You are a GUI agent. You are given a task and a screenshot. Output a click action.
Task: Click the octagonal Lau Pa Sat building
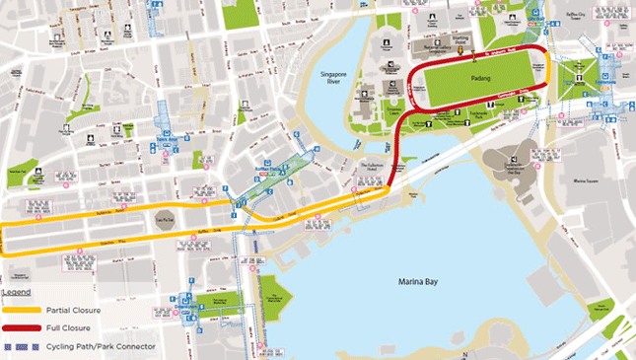click(165, 221)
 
